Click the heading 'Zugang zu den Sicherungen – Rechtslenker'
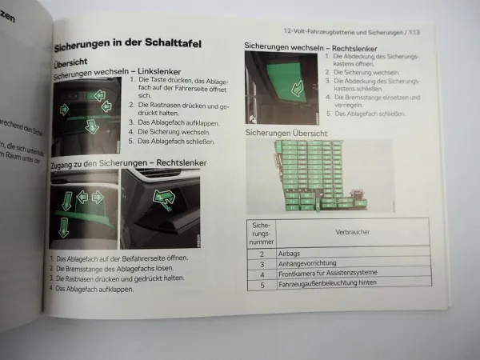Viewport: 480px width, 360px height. (x=128, y=163)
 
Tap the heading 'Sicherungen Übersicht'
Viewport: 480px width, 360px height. (x=285, y=132)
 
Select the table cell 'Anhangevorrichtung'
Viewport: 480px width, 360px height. (x=313, y=262)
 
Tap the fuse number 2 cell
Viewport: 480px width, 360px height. (x=262, y=252)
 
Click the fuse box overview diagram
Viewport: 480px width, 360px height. (x=320, y=177)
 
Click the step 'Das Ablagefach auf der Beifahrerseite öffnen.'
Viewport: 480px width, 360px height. (x=122, y=258)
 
